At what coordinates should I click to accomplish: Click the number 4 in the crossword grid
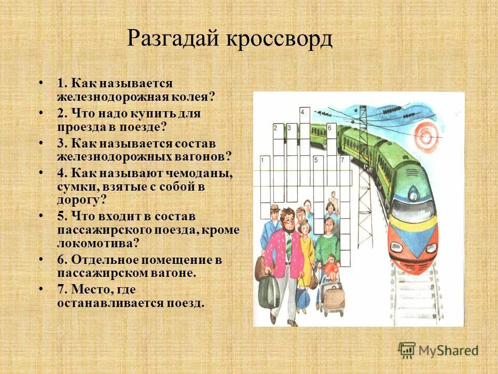click(302, 112)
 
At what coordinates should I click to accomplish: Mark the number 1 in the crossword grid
click(262, 161)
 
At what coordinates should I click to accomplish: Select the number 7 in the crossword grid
click(342, 161)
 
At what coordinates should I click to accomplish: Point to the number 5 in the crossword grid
click(315, 161)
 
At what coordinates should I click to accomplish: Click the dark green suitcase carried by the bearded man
click(268, 292)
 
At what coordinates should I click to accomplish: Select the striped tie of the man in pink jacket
click(288, 245)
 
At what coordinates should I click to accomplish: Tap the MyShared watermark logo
click(438, 350)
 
